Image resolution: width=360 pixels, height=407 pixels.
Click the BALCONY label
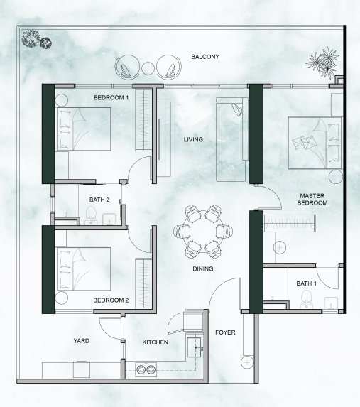[205, 57]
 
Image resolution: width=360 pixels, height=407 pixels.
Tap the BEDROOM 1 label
[111, 98]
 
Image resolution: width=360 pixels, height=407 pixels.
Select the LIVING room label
[193, 140]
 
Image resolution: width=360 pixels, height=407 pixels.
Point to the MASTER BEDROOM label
[312, 200]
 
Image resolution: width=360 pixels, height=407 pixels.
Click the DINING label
[203, 269]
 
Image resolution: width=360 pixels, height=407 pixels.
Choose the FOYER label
[225, 332]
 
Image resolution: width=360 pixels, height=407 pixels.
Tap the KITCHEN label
[156, 342]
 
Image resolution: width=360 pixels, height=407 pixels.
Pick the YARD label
[82, 341]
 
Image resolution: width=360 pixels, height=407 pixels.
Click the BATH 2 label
[99, 200]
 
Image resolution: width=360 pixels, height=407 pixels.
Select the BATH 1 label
[307, 283]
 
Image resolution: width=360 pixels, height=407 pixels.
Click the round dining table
[203, 232]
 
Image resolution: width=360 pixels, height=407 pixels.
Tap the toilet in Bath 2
[91, 215]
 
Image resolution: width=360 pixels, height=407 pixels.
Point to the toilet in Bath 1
[306, 299]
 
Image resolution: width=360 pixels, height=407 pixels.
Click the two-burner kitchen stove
[146, 369]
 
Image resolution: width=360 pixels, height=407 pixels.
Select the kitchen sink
[194, 347]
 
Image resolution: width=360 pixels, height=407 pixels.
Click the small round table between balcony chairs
[148, 68]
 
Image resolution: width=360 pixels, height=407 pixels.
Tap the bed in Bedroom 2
[84, 269]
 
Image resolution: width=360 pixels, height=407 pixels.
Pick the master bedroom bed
[315, 143]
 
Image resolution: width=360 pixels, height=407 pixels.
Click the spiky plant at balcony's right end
[323, 63]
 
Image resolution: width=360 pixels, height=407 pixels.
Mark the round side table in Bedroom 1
[62, 100]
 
